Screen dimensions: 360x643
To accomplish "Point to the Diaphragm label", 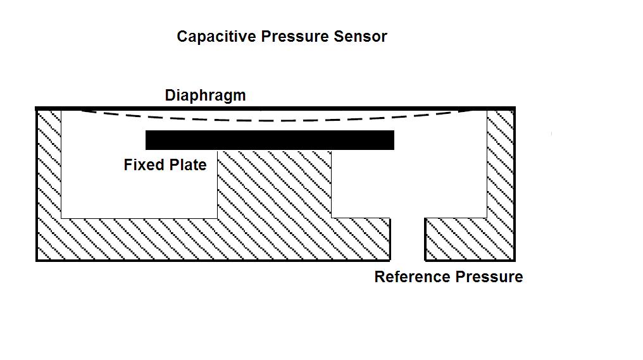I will tap(205, 96).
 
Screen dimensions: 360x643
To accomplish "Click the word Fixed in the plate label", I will tap(142, 165).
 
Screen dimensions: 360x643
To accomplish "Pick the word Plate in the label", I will tap(187, 165).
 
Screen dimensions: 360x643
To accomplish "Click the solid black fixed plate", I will tap(270, 140).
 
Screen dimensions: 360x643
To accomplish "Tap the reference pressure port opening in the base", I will tap(407, 240).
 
